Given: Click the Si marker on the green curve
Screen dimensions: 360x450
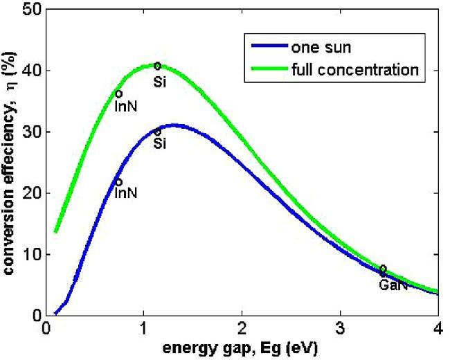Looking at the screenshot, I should pyautogui.click(x=158, y=66).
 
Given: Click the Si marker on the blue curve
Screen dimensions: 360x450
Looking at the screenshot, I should pyautogui.click(x=158, y=131).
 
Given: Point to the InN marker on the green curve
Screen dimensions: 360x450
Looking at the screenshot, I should pyautogui.click(x=119, y=93).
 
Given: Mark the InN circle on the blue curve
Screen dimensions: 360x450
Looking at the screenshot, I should pyautogui.click(x=119, y=182).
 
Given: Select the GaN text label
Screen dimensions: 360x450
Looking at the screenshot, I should pyautogui.click(x=393, y=285).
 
